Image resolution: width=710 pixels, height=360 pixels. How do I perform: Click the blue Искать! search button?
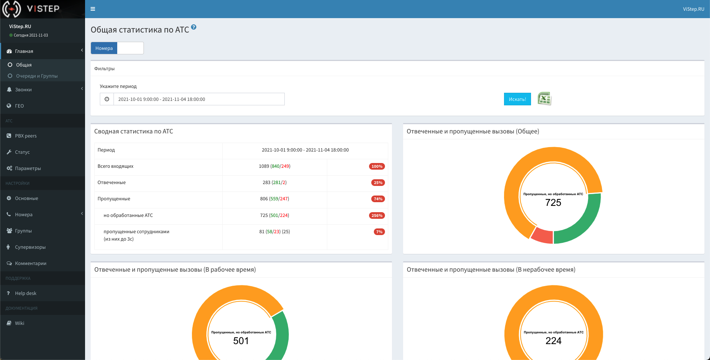click(x=517, y=99)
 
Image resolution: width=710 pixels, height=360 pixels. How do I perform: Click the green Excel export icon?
click(x=544, y=99)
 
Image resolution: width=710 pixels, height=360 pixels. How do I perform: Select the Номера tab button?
click(x=104, y=48)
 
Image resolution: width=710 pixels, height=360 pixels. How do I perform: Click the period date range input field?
click(x=199, y=99)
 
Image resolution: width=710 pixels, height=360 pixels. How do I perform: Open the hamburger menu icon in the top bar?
click(x=93, y=9)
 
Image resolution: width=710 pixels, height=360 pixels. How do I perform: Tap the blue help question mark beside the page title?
click(x=194, y=27)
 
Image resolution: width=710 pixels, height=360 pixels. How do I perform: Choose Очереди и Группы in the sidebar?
click(x=37, y=76)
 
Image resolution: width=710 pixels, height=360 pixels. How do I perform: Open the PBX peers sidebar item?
click(x=26, y=136)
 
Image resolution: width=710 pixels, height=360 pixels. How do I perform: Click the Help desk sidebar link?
click(x=26, y=293)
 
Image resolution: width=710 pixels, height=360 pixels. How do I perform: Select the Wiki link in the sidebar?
click(x=20, y=323)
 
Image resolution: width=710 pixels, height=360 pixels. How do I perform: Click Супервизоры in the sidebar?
click(x=30, y=247)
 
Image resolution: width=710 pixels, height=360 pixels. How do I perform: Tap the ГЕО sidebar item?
click(x=19, y=106)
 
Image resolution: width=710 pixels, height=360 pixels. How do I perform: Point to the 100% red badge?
click(x=377, y=166)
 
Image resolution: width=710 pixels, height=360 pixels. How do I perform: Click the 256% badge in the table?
click(x=377, y=215)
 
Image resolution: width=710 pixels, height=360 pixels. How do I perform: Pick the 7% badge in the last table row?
click(x=379, y=232)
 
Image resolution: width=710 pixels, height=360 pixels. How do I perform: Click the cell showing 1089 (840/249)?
click(x=274, y=166)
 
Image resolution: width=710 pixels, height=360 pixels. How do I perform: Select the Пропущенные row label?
click(x=114, y=199)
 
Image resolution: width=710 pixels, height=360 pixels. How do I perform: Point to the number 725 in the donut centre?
click(x=553, y=203)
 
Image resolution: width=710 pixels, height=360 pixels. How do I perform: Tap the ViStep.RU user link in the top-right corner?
click(x=693, y=9)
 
